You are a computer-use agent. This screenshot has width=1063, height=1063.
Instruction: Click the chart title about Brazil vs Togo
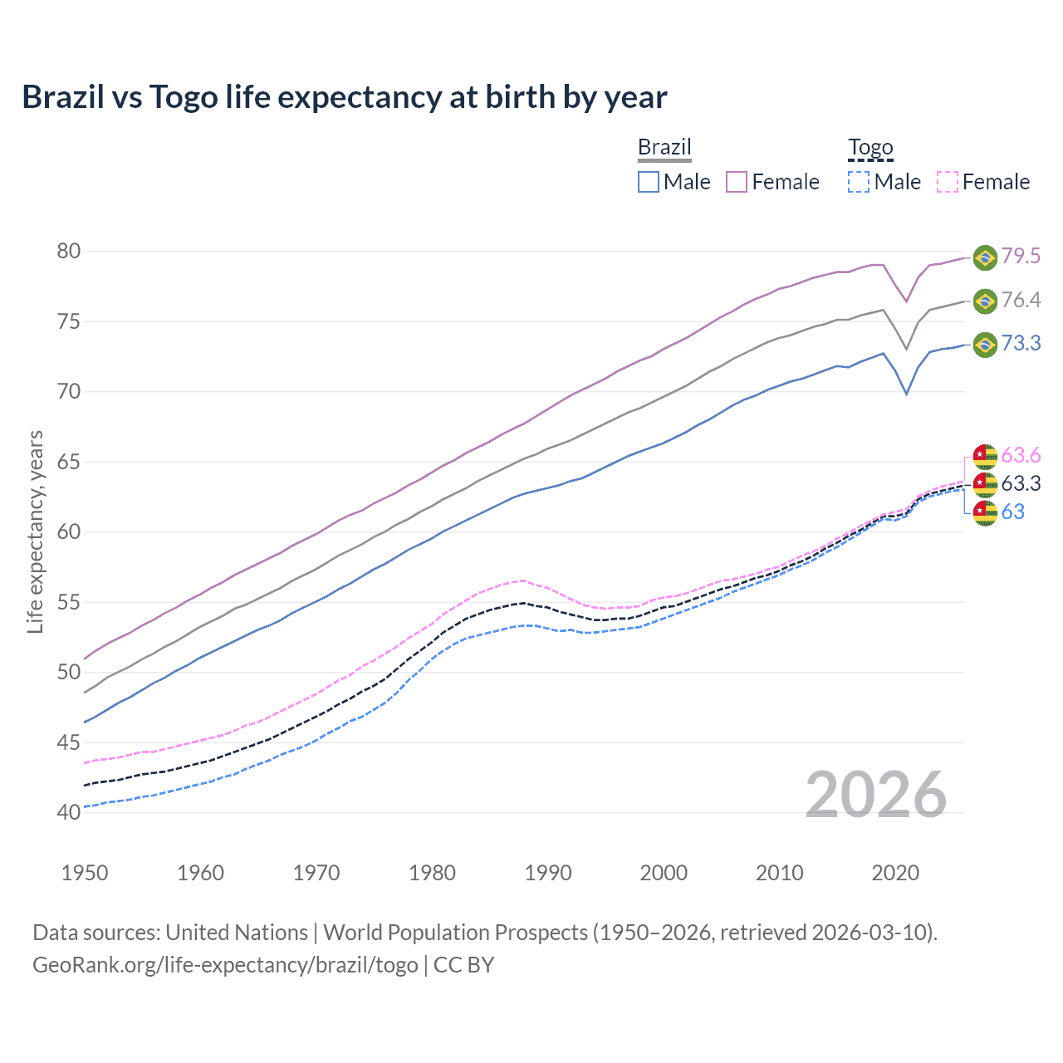coord(344,97)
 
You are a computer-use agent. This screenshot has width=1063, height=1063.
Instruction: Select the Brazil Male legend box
coord(649,182)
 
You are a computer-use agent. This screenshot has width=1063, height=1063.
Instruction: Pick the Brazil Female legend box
coord(737,182)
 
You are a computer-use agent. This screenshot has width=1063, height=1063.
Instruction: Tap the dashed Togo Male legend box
coord(859,182)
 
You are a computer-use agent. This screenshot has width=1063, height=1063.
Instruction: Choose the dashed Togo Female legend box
coord(948,182)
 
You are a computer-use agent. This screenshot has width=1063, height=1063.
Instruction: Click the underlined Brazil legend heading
coord(664,148)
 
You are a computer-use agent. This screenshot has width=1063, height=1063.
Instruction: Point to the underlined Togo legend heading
coord(870,148)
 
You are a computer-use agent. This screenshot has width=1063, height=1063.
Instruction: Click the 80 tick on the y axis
coord(69,251)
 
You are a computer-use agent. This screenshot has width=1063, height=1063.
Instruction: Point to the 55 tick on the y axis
coord(69,602)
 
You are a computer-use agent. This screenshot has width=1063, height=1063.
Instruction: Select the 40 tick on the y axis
coord(69,812)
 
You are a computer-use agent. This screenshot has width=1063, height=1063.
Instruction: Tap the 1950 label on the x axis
coord(85,873)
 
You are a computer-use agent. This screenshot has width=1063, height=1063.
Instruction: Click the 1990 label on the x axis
coord(548,873)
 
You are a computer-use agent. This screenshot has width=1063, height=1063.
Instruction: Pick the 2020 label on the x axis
coord(895,873)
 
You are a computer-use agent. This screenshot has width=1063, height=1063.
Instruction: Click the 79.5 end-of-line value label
coord(1021,256)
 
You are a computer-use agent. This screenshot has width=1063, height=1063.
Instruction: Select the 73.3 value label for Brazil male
coord(1021,344)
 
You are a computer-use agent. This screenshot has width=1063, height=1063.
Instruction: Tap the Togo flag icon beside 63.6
coord(985,456)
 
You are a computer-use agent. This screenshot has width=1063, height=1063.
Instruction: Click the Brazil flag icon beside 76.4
coord(985,301)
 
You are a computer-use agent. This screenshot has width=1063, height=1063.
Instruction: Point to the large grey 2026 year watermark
coord(875,795)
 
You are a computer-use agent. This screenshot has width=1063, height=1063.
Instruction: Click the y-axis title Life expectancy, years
coord(35,531)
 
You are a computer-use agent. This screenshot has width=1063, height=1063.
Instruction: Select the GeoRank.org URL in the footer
coord(225,965)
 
